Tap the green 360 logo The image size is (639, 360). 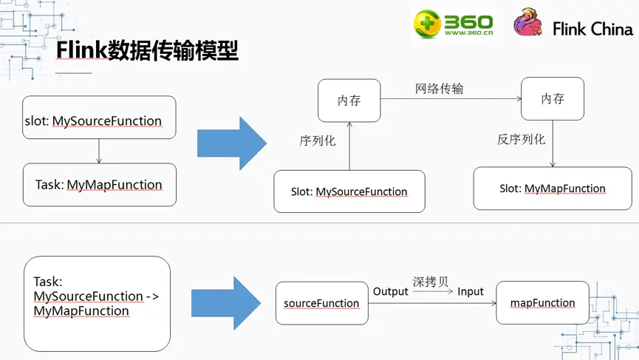tap(452, 24)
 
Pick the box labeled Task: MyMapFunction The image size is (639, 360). tap(100, 184)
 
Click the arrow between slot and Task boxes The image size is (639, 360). tap(99, 151)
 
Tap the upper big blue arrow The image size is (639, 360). tap(231, 143)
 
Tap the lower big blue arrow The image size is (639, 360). tap(226, 303)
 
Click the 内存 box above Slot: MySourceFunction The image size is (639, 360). tap(349, 100)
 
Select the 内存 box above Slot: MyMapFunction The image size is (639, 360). tap(552, 98)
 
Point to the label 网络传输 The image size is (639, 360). tap(439, 89)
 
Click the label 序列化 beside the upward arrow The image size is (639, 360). tap(318, 140)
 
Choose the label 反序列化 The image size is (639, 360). tap(521, 139)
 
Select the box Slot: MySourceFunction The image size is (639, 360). tap(349, 191)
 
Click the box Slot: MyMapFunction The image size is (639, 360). tap(552, 189)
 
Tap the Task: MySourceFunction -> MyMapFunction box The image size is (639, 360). tap(97, 303)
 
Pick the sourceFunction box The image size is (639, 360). tap(321, 303)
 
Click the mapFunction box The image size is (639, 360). tap(542, 302)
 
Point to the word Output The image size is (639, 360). tap(390, 292)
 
